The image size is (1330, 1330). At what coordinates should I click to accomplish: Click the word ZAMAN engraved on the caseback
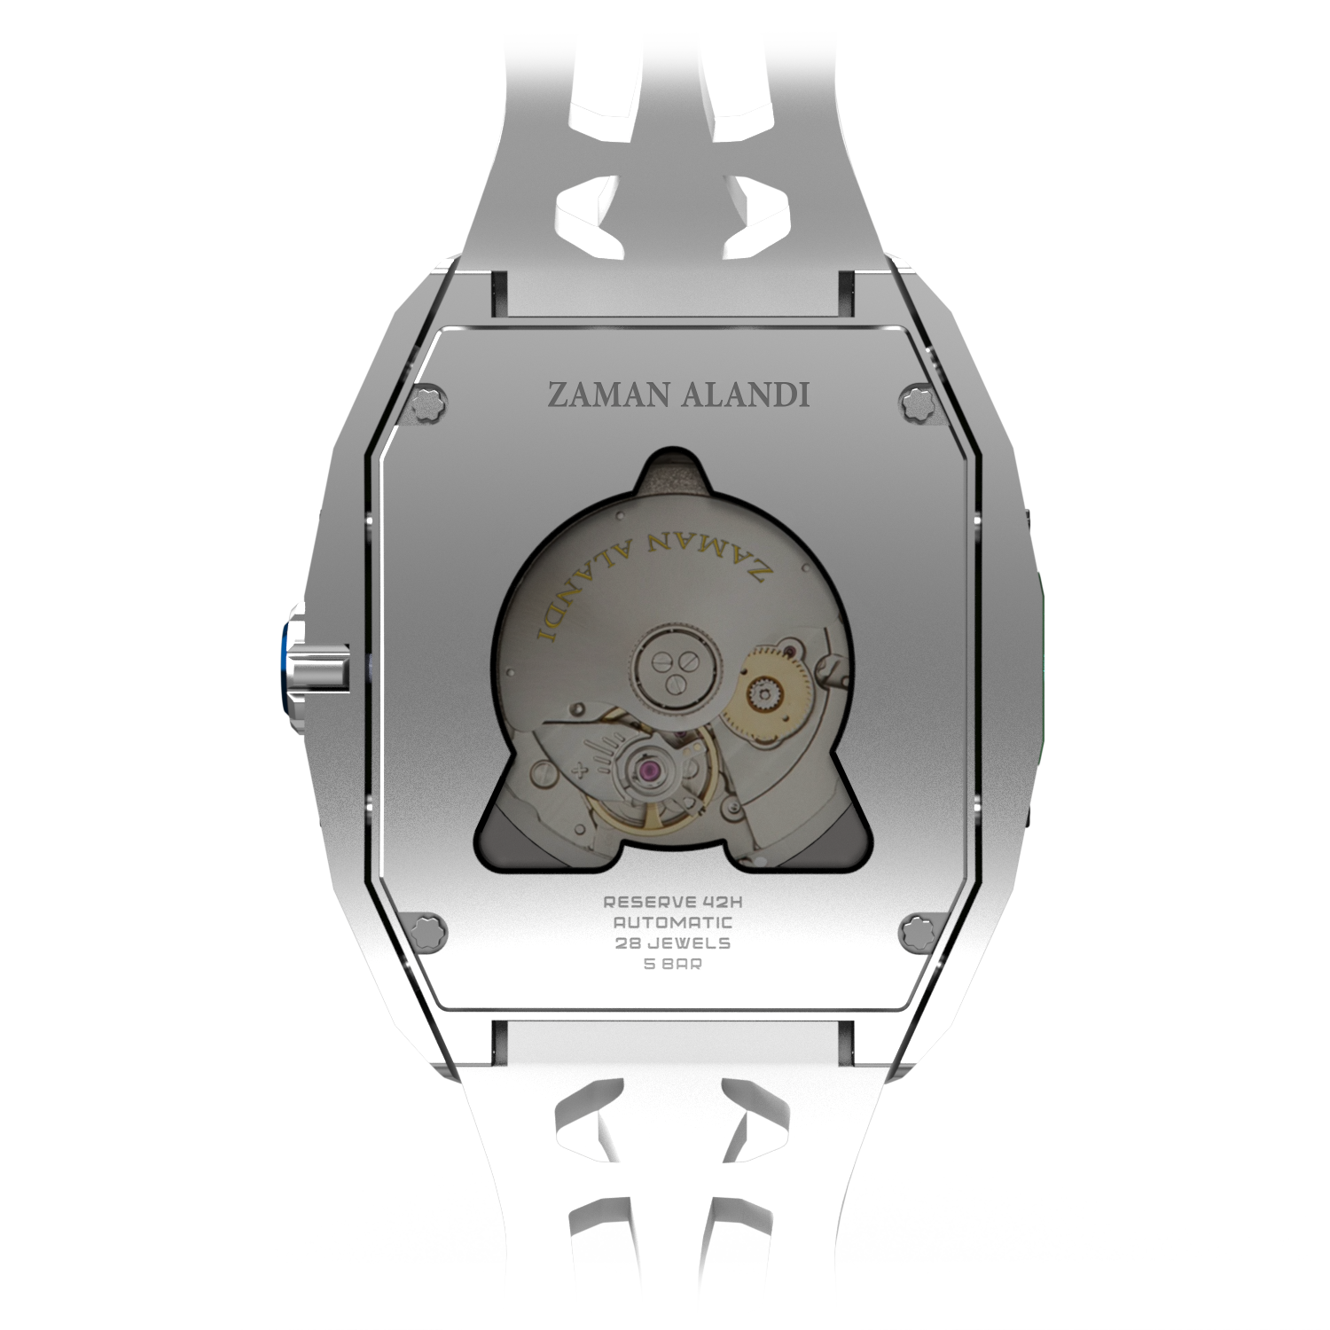[x=611, y=395]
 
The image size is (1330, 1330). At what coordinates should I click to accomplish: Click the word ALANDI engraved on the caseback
[x=746, y=395]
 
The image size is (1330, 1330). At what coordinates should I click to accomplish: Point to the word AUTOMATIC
[x=673, y=922]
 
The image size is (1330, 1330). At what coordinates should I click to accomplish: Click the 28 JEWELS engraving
[x=673, y=943]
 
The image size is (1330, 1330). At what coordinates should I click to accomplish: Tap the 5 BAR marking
[x=673, y=964]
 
